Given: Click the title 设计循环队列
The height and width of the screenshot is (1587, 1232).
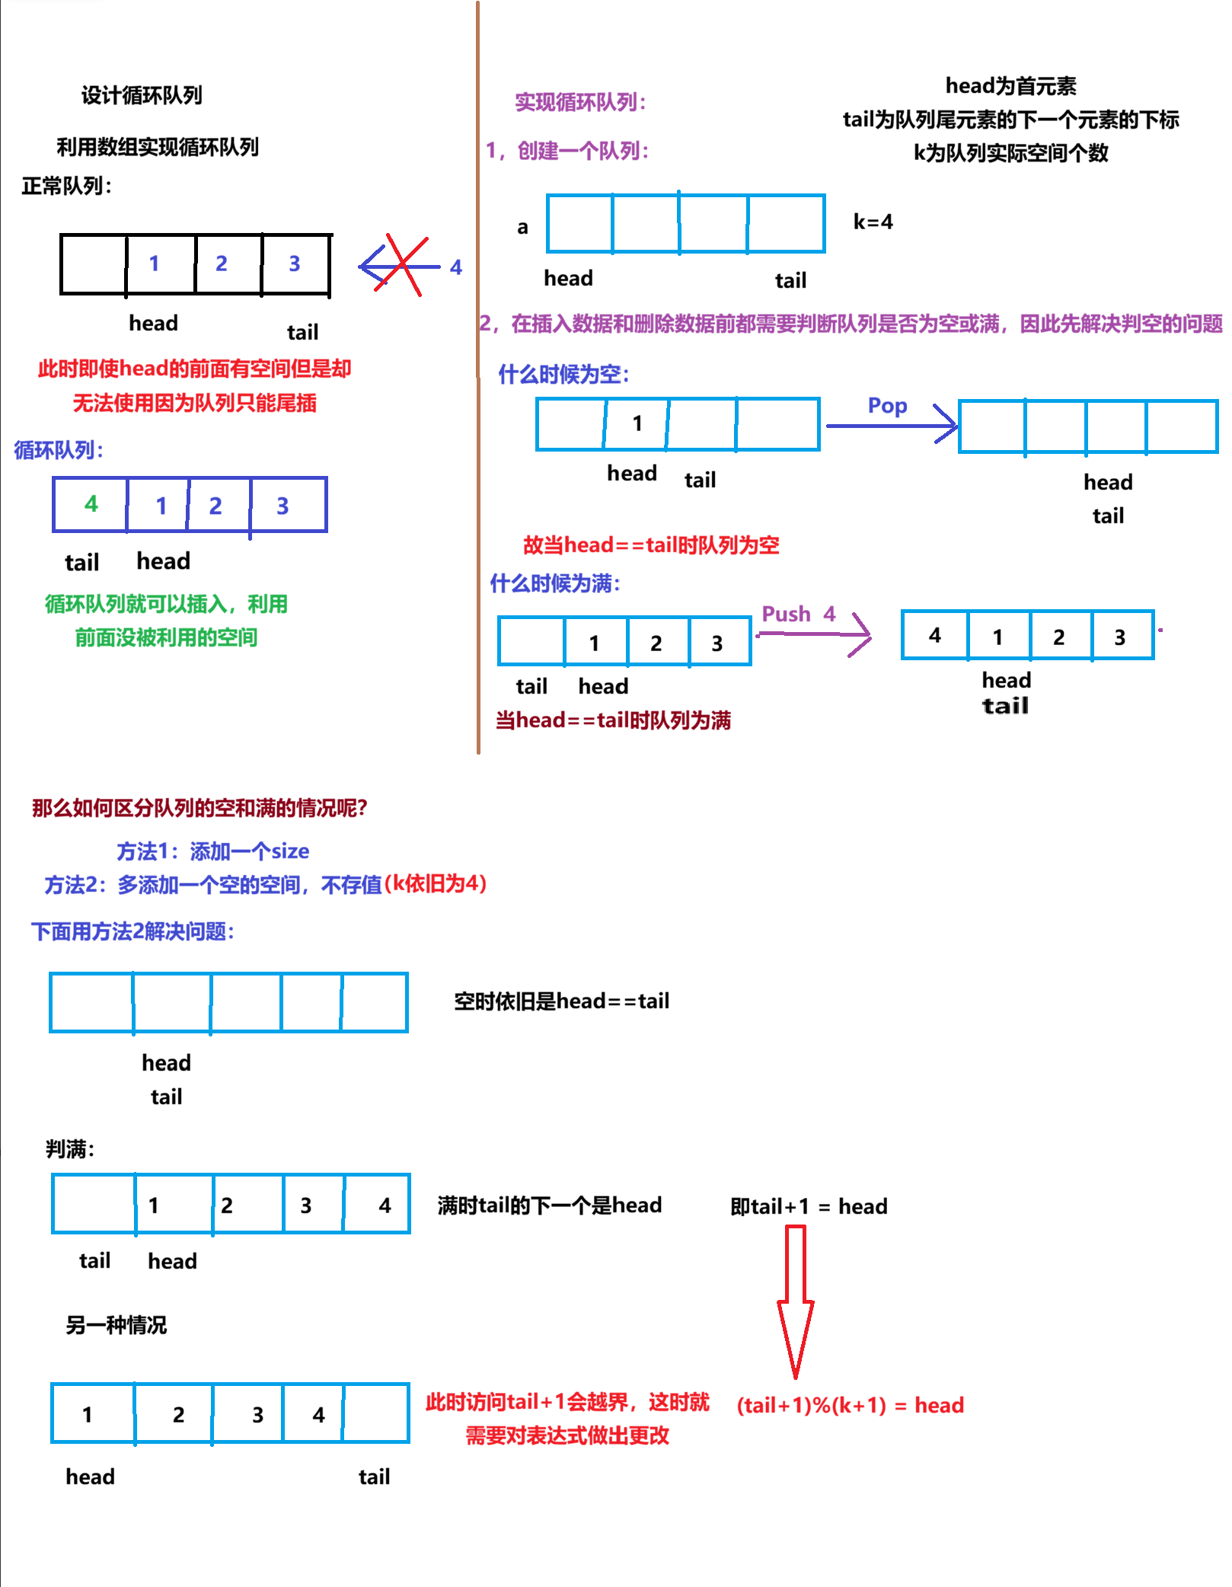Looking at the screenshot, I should [x=142, y=95].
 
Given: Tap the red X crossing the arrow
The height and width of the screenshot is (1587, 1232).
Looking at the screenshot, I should [x=404, y=264].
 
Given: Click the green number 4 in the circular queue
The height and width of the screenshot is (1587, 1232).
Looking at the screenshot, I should [x=91, y=503].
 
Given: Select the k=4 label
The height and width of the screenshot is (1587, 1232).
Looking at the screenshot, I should [x=873, y=222].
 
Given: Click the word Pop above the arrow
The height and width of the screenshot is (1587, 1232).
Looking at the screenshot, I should [x=887, y=405].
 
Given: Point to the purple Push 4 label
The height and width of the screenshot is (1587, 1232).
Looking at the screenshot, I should [x=798, y=614].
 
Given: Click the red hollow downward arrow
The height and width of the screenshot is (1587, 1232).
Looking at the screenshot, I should [x=796, y=1302].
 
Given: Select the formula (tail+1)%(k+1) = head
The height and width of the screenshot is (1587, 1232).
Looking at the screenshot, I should [x=850, y=1405].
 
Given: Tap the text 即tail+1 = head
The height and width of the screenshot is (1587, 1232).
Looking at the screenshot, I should [x=809, y=1206].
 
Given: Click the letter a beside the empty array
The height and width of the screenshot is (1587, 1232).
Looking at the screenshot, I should [x=522, y=227].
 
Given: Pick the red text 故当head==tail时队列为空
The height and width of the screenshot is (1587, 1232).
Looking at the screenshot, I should [x=651, y=545].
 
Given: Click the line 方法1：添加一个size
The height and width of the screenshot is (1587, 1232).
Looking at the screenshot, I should [x=212, y=851].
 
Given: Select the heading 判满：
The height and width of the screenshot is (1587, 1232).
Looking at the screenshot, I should [x=70, y=1148].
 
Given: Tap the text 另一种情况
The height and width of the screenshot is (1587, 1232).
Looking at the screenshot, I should [x=116, y=1325].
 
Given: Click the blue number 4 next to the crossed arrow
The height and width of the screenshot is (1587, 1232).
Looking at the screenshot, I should [x=456, y=267].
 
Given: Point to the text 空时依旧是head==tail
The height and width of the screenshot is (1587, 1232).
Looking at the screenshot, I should [x=561, y=1001].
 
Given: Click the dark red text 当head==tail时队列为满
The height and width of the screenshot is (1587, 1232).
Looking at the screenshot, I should [x=613, y=720].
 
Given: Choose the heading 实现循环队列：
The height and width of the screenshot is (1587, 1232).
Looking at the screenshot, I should [x=580, y=102].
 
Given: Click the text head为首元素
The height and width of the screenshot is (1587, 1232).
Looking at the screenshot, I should [x=1010, y=86].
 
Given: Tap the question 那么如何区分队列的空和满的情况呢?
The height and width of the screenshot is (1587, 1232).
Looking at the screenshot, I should [x=199, y=808].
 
